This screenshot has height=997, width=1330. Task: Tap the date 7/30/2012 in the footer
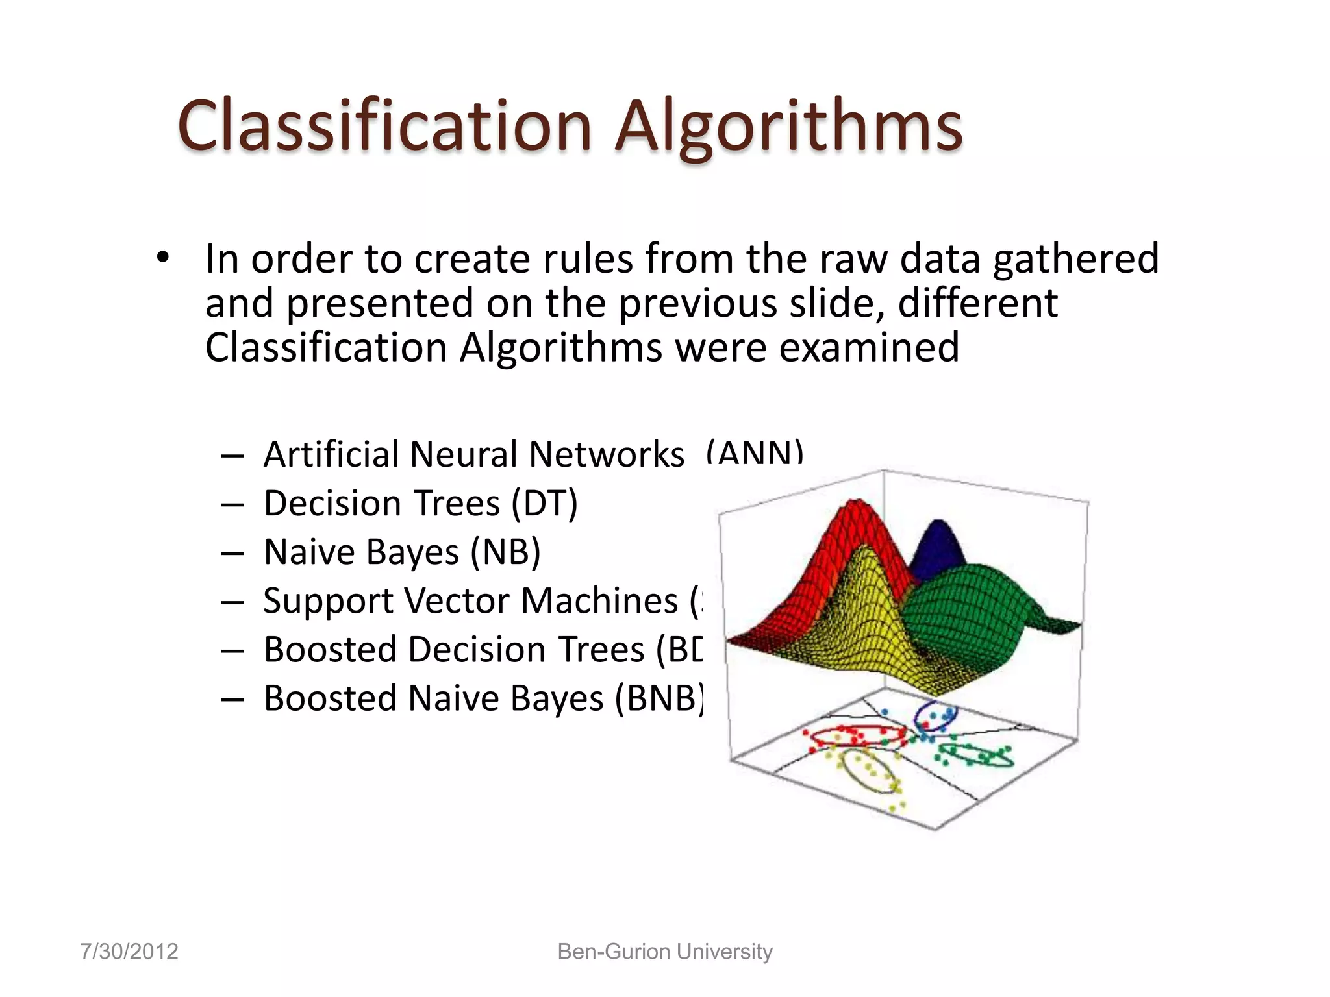(x=129, y=952)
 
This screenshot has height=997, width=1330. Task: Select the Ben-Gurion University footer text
(x=665, y=952)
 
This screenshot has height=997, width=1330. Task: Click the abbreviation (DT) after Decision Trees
(x=544, y=504)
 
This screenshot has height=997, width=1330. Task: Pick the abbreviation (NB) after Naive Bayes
(x=505, y=553)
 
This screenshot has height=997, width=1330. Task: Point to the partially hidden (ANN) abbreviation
(x=755, y=452)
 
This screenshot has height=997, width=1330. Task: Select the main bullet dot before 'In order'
(x=162, y=258)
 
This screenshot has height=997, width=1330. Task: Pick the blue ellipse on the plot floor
(x=935, y=717)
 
